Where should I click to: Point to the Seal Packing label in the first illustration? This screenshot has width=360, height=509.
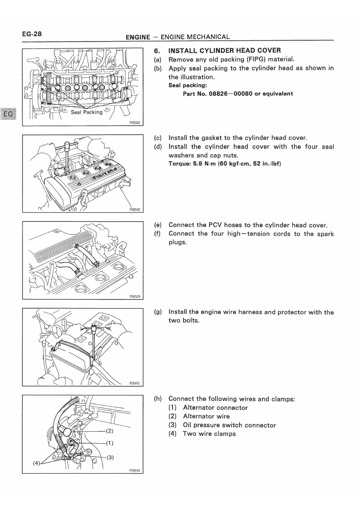[x=87, y=112]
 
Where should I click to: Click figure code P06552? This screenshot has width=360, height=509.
[x=134, y=123]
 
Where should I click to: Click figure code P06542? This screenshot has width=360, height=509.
[x=134, y=209]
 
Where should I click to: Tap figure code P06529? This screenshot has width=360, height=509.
[x=134, y=296]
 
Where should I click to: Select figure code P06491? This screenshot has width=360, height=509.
[x=134, y=384]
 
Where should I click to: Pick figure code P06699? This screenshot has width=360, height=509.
[x=134, y=470]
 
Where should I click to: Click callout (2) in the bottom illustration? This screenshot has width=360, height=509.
[x=110, y=430]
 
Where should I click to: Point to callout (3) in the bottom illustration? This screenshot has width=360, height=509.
[x=110, y=457]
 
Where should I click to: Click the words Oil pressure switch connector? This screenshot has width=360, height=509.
[x=229, y=425]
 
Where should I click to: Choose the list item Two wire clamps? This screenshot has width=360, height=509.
[x=209, y=434]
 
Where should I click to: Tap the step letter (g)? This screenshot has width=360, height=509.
[x=158, y=312]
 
